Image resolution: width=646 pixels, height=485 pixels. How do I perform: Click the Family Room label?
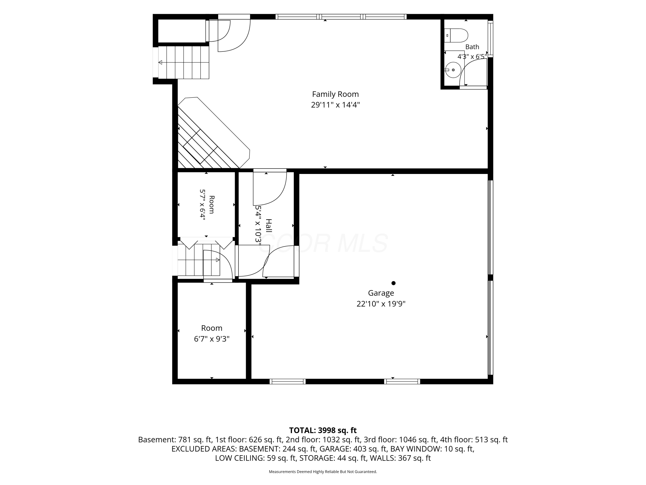point(335,94)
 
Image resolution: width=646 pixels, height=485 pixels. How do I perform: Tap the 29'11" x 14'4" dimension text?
point(335,105)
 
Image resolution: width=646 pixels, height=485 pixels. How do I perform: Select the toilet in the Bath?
point(456,35)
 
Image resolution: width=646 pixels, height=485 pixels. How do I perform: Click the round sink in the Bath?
point(453,70)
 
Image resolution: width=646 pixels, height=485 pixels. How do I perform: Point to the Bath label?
point(472,47)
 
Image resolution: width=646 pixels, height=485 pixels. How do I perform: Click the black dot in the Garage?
point(393,283)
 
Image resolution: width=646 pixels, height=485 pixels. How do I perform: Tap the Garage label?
point(381,293)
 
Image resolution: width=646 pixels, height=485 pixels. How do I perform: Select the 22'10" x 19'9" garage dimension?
point(381,304)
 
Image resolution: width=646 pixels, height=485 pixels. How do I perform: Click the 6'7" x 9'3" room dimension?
point(212,339)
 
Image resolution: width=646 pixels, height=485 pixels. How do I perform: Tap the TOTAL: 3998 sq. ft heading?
point(323,430)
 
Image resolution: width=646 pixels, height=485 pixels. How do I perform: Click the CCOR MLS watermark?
point(323,243)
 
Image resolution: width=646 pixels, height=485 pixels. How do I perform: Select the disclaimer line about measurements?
point(323,472)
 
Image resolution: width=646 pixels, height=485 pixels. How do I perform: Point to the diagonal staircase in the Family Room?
point(213,133)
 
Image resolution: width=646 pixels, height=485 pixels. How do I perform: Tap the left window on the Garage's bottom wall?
point(288,381)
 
